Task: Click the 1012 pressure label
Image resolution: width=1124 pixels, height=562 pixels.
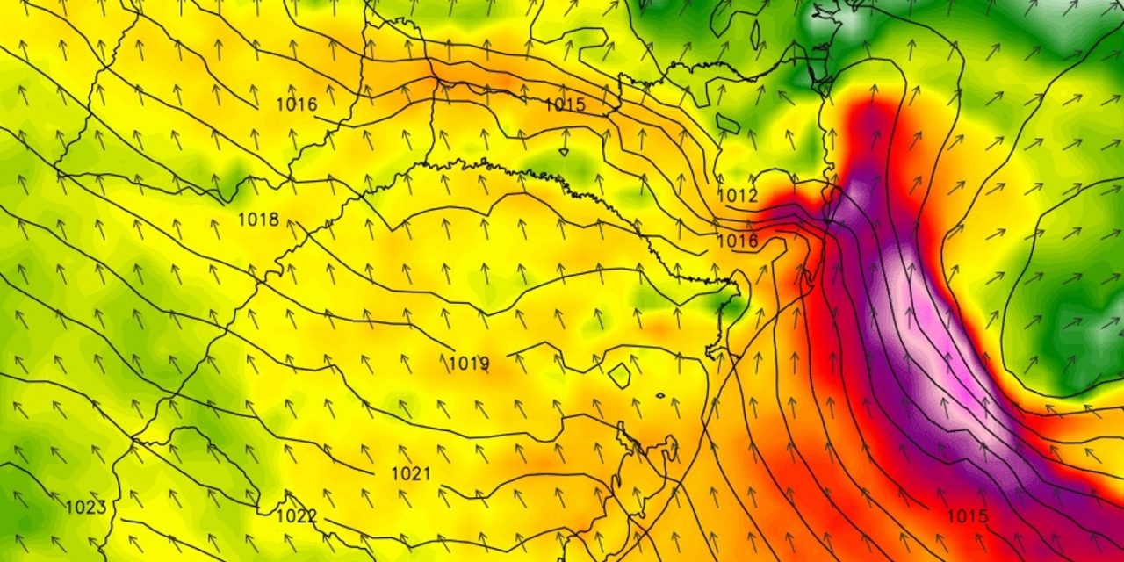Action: tap(738, 196)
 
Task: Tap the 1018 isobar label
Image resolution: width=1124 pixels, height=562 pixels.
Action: tap(258, 220)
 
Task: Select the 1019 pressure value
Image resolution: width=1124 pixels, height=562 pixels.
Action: tap(469, 363)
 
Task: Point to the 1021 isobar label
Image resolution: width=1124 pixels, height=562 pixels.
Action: tap(411, 474)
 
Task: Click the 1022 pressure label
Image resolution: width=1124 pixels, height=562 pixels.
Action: tap(297, 516)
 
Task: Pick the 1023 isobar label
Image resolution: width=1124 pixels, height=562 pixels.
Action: tap(86, 508)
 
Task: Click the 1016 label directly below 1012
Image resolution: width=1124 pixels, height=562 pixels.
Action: tap(738, 241)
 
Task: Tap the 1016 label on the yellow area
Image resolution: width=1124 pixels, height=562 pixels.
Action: tap(297, 104)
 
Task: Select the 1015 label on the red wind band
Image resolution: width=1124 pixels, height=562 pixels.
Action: tap(968, 516)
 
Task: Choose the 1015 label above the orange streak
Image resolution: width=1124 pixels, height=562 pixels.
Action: tap(565, 104)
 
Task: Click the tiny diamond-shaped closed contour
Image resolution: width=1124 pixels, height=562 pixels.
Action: tap(659, 395)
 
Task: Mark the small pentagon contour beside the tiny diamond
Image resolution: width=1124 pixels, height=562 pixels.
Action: tap(620, 376)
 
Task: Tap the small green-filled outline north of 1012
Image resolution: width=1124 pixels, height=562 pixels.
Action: tap(728, 122)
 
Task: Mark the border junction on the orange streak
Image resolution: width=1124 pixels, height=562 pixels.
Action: tap(436, 81)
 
